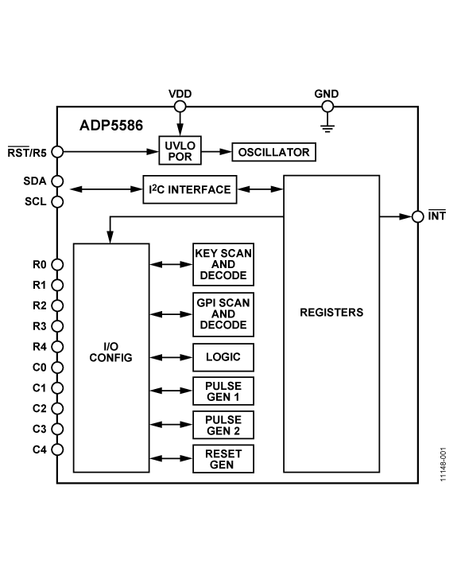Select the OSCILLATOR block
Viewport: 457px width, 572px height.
(273, 151)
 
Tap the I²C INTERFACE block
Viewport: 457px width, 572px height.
(188, 189)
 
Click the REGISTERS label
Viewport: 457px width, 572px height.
(331, 312)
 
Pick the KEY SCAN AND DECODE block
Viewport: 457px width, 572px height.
(223, 266)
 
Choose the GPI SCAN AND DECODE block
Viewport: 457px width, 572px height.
(223, 313)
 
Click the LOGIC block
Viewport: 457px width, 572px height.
(223, 357)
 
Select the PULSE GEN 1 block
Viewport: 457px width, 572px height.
(223, 391)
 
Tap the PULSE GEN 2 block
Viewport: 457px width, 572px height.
(223, 426)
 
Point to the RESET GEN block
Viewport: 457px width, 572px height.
(223, 459)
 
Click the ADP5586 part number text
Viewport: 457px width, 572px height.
(110, 126)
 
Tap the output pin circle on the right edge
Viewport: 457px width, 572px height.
(418, 216)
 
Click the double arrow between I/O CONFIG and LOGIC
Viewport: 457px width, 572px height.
(171, 357)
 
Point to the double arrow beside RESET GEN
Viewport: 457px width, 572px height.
(171, 459)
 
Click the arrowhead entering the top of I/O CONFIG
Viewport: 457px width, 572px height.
(110, 237)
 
